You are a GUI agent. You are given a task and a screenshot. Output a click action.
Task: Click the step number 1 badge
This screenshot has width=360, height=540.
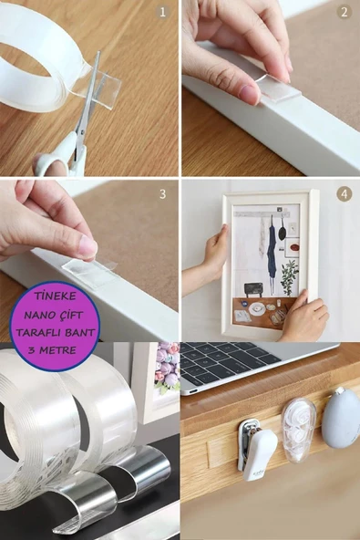coord(163,12)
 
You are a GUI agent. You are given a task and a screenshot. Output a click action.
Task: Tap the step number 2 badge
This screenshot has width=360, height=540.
coord(344,12)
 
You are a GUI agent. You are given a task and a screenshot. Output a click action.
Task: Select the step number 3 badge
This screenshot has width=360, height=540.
coord(163,193)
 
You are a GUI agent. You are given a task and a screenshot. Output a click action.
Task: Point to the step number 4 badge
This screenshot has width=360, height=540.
coord(344,193)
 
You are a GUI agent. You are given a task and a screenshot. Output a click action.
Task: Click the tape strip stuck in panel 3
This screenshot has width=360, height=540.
coord(88,268)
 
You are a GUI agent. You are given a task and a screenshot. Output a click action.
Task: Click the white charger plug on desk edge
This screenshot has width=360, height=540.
coord(257,447)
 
